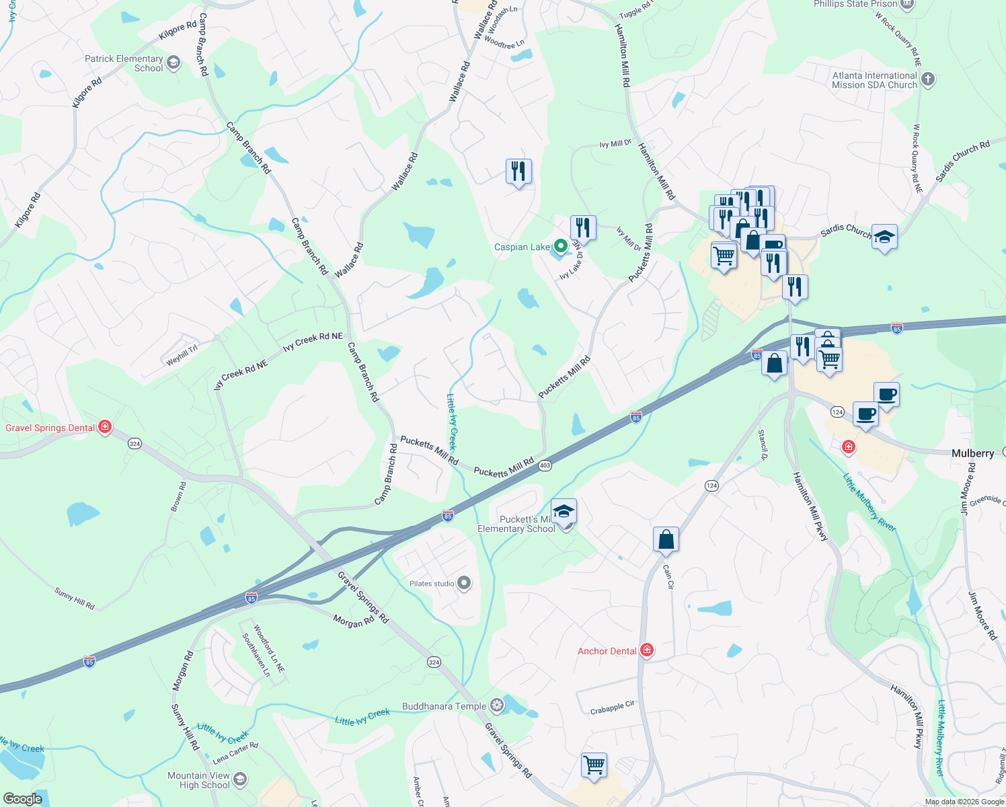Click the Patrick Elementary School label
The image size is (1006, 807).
click(x=124, y=63)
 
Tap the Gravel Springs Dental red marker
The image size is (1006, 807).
click(x=104, y=427)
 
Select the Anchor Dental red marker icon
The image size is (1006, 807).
click(x=646, y=650)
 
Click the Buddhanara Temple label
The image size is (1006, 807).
click(x=444, y=706)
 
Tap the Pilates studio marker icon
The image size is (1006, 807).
click(x=464, y=583)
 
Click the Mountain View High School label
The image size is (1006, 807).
click(x=199, y=780)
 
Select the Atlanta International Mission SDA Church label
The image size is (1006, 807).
click(x=874, y=80)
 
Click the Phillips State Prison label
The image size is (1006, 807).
click(x=855, y=4)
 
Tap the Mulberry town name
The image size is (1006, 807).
click(x=972, y=453)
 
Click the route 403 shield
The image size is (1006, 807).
click(x=545, y=465)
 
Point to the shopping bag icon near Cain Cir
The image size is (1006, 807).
click(x=666, y=539)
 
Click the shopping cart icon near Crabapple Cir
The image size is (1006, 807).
click(x=594, y=765)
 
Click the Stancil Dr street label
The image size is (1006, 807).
click(x=763, y=445)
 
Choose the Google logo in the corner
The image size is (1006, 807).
click(x=22, y=798)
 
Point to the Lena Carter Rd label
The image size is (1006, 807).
click(x=235, y=753)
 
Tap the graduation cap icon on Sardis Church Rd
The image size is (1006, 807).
click(x=884, y=237)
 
